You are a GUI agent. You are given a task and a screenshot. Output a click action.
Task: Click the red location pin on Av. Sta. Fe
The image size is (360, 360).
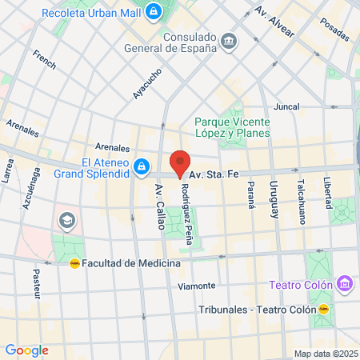tap(180, 162)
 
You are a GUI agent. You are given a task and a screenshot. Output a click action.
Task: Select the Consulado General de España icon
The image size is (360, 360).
tap(229, 42)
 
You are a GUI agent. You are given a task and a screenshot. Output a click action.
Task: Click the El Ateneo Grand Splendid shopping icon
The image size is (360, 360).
tap(141, 166)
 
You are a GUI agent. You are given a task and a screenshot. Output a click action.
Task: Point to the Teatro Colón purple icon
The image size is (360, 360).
tap(345, 283)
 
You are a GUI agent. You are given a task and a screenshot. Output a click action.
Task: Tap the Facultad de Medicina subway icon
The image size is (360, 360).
tap(74, 262)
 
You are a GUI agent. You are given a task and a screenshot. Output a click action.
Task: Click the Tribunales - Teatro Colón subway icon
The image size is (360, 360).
tap(324, 309)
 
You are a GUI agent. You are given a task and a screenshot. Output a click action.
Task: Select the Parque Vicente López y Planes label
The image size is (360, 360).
tap(232, 127)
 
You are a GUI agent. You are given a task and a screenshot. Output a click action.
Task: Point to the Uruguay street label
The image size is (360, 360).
tap(273, 199)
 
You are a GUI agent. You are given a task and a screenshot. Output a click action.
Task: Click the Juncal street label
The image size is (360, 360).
tap(286, 106)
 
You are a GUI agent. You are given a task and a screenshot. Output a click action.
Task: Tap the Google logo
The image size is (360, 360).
tap(26, 350)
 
